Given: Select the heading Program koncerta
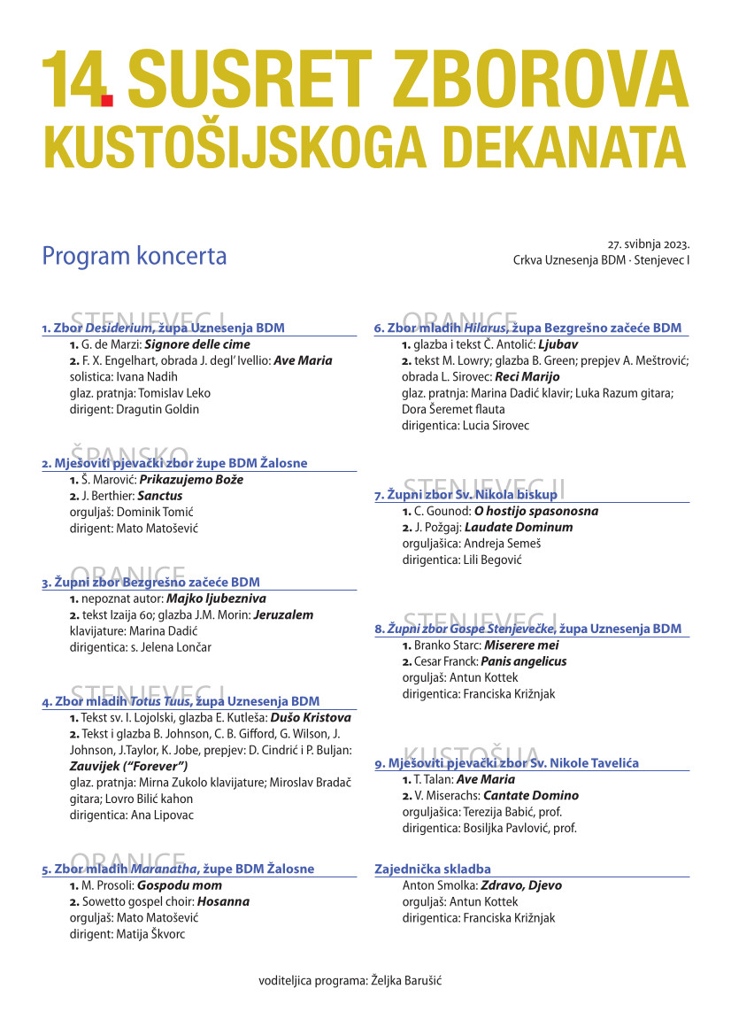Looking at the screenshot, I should coord(135,257).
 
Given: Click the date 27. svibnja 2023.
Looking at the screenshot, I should coord(648,243).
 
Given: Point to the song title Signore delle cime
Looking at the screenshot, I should coord(197,344).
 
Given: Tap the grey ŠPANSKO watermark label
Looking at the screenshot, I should coord(129,457).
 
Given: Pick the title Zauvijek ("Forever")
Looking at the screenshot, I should coord(128,766).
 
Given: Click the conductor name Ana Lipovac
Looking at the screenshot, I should coord(161,815).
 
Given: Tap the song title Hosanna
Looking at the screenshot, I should coord(223,901).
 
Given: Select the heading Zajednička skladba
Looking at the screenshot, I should coord(433,869).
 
